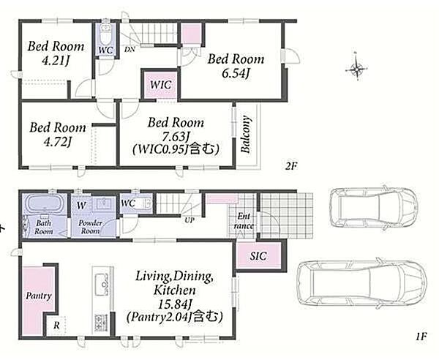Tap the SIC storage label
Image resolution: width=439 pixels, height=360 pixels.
258,256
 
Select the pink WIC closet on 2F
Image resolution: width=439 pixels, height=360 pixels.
160,85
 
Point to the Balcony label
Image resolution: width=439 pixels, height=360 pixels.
246,134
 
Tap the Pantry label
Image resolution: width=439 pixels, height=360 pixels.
39,296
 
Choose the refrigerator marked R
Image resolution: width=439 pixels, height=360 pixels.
56,326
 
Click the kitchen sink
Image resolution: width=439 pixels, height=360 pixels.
102,285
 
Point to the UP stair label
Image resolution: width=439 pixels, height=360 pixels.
190,220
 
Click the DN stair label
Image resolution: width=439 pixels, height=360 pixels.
130,50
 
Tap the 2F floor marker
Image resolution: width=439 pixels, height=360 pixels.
291,166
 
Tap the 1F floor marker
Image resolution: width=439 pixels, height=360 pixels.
421,336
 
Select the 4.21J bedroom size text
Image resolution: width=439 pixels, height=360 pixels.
56,61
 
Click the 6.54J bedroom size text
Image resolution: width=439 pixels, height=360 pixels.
236,74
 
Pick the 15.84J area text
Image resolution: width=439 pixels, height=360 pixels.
175,304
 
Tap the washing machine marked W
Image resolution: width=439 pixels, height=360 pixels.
81,205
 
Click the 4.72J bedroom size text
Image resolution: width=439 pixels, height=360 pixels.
57,142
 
